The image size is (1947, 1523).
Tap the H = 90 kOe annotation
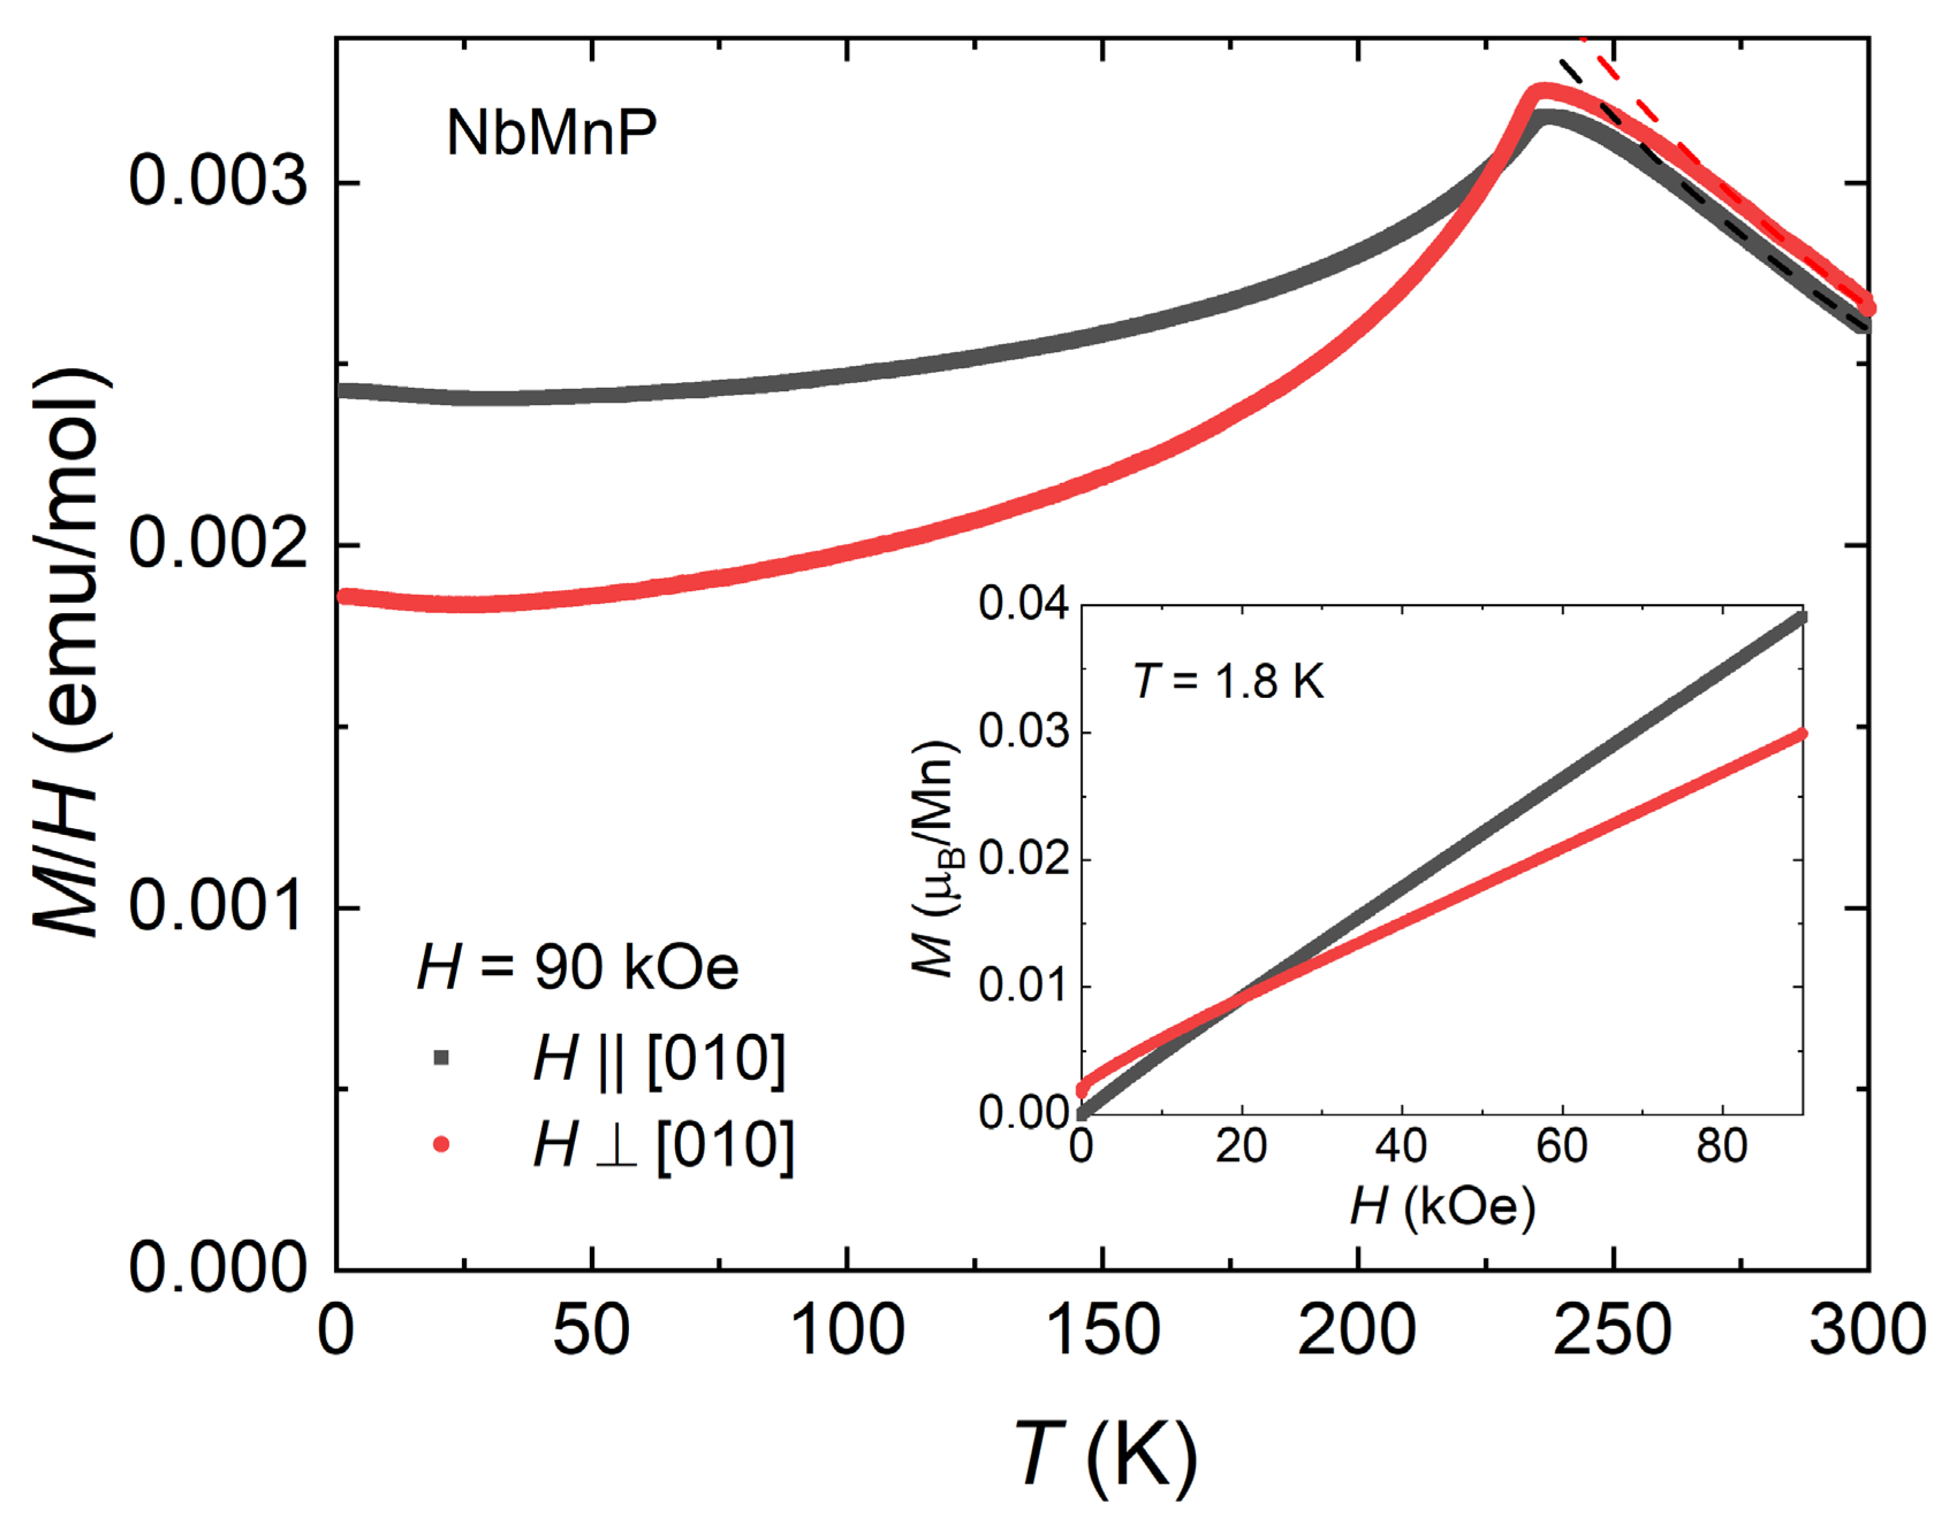[578, 968]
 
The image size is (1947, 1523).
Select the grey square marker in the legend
[441, 1059]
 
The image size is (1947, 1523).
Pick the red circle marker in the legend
[441, 1144]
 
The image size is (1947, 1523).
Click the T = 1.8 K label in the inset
[1229, 682]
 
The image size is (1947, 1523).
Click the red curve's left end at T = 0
[346, 596]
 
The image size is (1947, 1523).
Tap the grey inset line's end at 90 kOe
[1801, 618]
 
